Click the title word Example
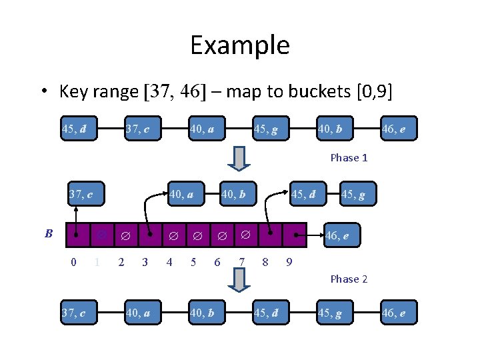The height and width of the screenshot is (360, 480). tap(240, 45)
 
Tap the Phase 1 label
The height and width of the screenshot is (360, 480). tap(349, 157)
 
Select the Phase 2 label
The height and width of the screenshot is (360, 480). tap(349, 279)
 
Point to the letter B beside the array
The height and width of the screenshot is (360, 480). tap(49, 233)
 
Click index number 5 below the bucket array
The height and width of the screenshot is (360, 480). tap(193, 262)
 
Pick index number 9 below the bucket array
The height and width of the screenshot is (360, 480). tap(289, 262)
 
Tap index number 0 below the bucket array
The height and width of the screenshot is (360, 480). tap(73, 262)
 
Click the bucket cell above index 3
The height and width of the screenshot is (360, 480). tap(150, 235)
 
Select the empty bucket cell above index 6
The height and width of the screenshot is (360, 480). tap(222, 235)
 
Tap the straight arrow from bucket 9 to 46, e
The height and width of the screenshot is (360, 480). tap(309, 235)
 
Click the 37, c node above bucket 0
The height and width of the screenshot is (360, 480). tap(86, 194)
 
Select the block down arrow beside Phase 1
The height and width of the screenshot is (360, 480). tap(239, 159)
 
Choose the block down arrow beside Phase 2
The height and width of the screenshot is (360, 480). tap(239, 280)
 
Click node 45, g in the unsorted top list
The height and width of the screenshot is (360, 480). tap(271, 129)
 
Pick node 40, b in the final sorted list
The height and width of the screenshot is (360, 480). tap(207, 313)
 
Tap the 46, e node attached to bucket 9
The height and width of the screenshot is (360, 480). tap(342, 235)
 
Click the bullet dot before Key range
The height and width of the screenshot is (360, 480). tap(45, 91)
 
